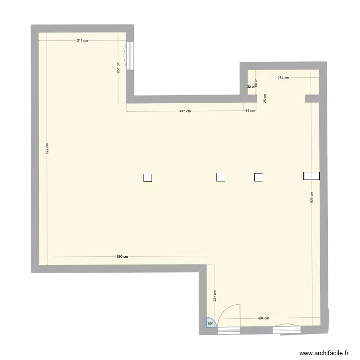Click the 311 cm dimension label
[x=83, y=41]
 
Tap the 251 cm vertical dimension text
[x=118, y=67]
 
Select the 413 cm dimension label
[x=185, y=111]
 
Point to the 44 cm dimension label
[x=250, y=111]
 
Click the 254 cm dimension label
[x=283, y=78]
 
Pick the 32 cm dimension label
[x=251, y=87]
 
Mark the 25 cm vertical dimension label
[x=265, y=98]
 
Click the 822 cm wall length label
[x=47, y=149]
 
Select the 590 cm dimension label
[x=122, y=257]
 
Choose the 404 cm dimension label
[x=263, y=318]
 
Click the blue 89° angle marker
[x=211, y=324]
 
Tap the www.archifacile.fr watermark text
[x=324, y=353]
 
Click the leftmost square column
[x=148, y=178]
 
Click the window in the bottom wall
[x=287, y=329]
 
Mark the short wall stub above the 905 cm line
[x=312, y=99]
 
